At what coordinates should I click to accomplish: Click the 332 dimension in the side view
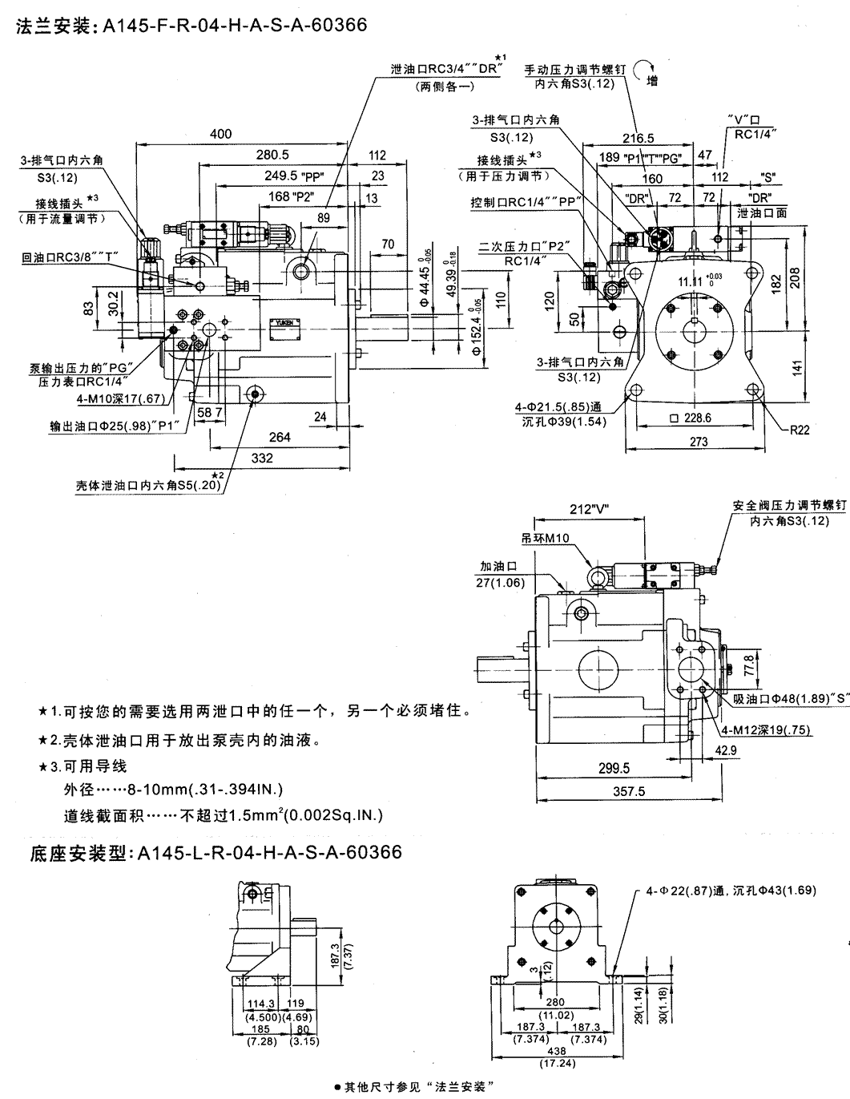click(x=262, y=459)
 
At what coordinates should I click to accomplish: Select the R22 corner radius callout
click(x=799, y=430)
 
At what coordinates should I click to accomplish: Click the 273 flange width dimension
click(x=699, y=442)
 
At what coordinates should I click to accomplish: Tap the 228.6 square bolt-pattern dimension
click(x=694, y=418)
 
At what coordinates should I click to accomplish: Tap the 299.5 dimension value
click(x=614, y=768)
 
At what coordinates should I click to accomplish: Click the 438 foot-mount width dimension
click(x=556, y=1050)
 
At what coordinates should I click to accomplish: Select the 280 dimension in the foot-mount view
click(x=554, y=1002)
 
